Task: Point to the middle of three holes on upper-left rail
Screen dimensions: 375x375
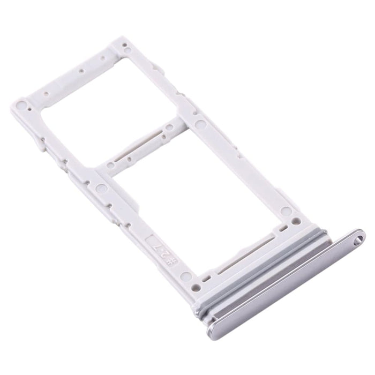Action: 80,70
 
